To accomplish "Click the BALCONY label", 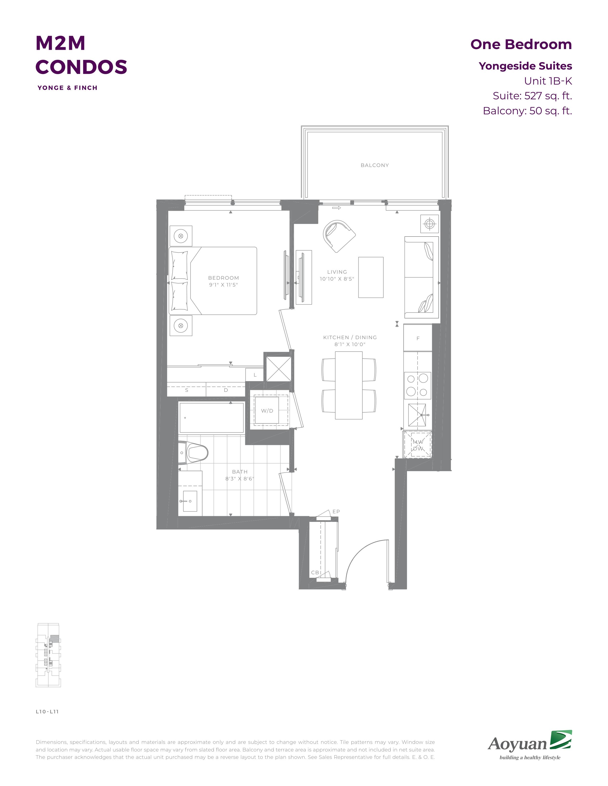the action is pos(375,165).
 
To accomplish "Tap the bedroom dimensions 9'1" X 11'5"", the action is pos(223,285).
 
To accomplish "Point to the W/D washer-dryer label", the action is pos(267,411).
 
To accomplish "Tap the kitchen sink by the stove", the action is pos(417,415).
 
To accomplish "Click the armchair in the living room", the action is pos(339,236).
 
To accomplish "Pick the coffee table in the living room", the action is pos(371,277).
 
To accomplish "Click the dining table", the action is pos(348,385).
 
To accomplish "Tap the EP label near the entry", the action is pos(336,511).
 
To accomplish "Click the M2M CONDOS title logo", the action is pos(81,55).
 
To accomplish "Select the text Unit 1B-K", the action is pos(548,81).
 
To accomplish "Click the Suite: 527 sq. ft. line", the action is pos(532,96).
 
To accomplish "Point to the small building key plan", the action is pos(48,655).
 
